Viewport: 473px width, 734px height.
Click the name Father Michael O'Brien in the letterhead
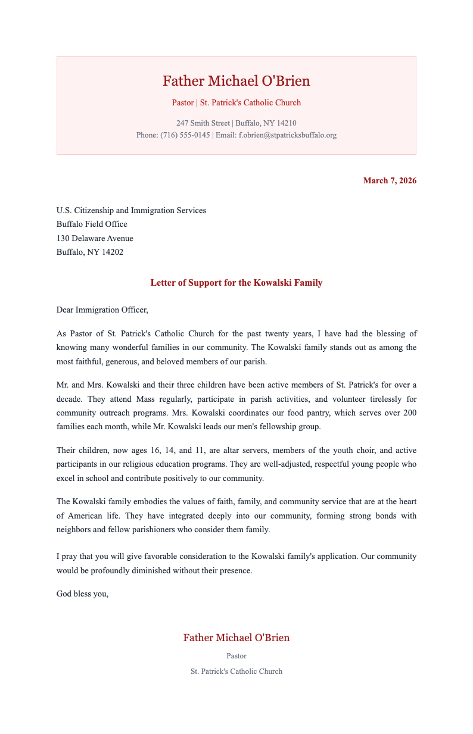(236, 81)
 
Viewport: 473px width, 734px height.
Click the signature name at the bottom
(236, 638)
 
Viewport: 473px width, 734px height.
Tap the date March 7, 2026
(390, 180)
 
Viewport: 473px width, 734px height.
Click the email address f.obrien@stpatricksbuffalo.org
(288, 135)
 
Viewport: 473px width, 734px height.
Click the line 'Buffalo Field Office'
(92, 224)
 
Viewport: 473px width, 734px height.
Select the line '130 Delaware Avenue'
(95, 238)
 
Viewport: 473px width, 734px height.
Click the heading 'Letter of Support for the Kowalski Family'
(236, 283)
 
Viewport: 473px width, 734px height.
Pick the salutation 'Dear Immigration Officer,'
(101, 310)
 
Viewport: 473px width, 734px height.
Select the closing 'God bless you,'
(82, 593)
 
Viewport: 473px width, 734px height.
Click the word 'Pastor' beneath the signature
(236, 656)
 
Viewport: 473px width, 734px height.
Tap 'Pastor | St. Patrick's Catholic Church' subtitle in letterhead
(236, 102)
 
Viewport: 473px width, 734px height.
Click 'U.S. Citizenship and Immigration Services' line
(131, 210)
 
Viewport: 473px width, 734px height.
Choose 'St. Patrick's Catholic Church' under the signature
(236, 671)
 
